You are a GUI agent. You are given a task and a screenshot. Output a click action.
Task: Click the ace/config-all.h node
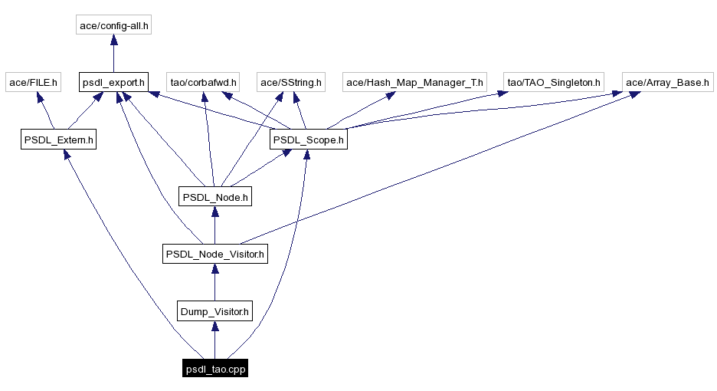[114, 25]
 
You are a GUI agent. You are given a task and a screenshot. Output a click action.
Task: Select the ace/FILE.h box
[33, 82]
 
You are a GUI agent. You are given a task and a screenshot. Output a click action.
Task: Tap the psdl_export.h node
[113, 82]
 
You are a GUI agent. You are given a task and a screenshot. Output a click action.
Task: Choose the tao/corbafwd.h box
[203, 82]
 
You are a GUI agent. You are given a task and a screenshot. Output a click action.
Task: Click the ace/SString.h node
[292, 82]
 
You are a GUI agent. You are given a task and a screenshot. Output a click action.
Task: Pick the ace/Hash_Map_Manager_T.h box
[414, 82]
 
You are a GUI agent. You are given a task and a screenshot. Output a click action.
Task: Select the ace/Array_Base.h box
[667, 82]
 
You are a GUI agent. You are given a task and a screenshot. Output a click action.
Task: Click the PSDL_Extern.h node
[59, 140]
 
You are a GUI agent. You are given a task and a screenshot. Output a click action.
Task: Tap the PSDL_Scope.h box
[308, 140]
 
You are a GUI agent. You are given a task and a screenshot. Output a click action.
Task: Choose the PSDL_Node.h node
[214, 197]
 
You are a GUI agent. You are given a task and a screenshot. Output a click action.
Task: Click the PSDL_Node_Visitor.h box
[214, 254]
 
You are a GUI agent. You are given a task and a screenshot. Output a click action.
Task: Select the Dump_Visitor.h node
[214, 311]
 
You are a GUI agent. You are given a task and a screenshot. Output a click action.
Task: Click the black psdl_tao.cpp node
[215, 369]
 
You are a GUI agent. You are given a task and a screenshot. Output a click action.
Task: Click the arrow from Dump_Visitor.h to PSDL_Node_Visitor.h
[214, 283]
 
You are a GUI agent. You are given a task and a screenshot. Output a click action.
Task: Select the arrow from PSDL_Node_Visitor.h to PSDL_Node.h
[214, 225]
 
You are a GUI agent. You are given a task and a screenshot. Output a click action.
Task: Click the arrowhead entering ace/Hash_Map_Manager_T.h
[391, 97]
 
